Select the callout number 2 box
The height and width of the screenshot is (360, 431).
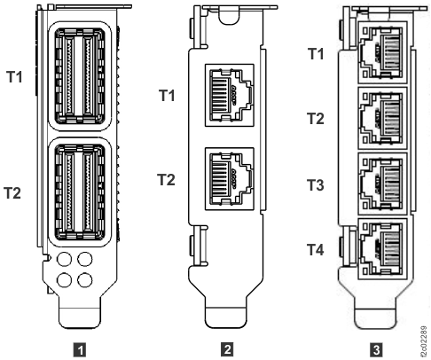pyautogui.click(x=229, y=347)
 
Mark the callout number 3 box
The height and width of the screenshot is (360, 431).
pyautogui.click(x=374, y=347)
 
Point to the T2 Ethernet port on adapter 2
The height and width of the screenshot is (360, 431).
pyautogui.click(x=230, y=174)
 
